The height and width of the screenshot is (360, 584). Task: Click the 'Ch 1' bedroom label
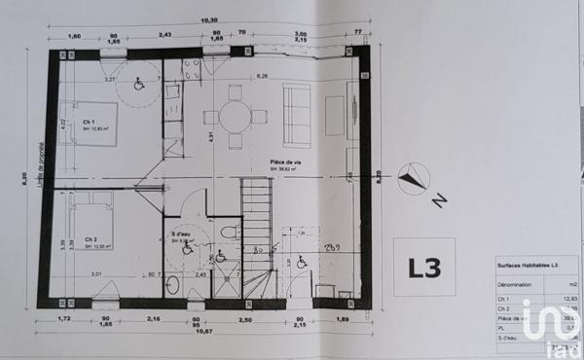[89, 121]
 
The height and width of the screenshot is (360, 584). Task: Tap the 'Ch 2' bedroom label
[90, 239]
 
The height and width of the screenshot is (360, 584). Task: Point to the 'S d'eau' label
[178, 234]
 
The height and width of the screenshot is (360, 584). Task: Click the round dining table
[234, 116]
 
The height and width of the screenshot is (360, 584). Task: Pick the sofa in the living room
[296, 115]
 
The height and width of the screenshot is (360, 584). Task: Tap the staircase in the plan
[255, 234]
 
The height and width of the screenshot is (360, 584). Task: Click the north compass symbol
[414, 178]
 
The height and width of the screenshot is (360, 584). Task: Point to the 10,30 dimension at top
[209, 19]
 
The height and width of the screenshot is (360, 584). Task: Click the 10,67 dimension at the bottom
[206, 331]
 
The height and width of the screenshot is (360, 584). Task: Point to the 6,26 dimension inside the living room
[261, 76]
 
